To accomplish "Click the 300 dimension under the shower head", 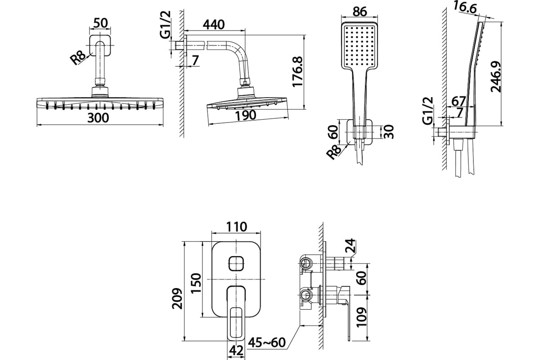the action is pyautogui.click(x=98, y=118).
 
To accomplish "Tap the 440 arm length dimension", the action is pyautogui.click(x=214, y=25).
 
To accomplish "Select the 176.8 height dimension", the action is pyautogui.click(x=297, y=72).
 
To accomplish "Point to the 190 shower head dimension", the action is pyautogui.click(x=245, y=115).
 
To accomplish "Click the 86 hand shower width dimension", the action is pyautogui.click(x=360, y=11).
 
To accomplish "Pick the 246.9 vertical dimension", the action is pyautogui.click(x=496, y=76).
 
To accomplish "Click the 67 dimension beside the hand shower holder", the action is pyautogui.click(x=458, y=101).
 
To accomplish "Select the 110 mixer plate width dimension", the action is pyautogui.click(x=237, y=227).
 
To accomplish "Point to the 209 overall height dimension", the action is pyautogui.click(x=177, y=298).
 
